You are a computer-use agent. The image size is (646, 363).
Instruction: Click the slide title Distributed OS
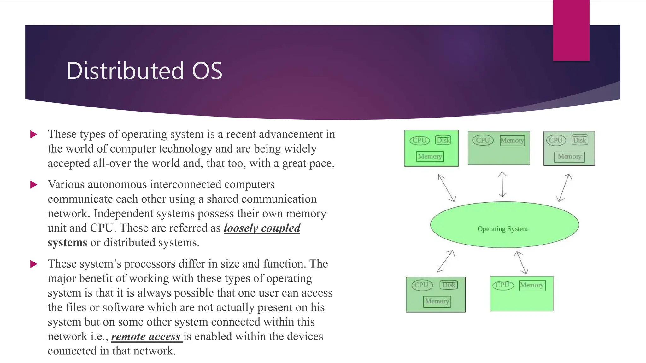(144, 71)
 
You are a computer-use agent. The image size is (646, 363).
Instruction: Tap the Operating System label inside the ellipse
(502, 229)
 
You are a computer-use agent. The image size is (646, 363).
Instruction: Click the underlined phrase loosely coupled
(262, 228)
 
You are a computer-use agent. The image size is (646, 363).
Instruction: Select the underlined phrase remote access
(146, 337)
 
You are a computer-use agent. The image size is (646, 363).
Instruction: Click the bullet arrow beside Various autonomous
(34, 185)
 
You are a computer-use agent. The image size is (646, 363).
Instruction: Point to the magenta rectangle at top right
(571, 30)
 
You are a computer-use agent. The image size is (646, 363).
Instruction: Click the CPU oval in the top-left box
(420, 140)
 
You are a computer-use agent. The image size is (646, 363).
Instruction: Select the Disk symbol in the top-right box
(580, 140)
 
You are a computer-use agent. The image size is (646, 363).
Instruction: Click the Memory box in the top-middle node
(512, 141)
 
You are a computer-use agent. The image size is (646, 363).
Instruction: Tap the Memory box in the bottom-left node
(437, 301)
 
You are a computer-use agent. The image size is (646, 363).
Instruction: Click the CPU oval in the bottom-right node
(503, 285)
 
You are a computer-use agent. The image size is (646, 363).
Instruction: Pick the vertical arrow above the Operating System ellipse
(502, 184)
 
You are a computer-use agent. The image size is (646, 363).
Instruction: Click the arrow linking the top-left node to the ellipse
(447, 188)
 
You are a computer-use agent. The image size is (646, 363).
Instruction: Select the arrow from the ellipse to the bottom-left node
(445, 261)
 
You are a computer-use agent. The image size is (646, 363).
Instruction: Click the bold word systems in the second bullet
(67, 243)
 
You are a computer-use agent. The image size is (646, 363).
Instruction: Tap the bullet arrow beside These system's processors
(34, 264)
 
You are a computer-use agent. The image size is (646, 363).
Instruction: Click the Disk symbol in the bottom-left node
(449, 285)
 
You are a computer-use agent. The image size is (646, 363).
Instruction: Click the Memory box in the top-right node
(569, 157)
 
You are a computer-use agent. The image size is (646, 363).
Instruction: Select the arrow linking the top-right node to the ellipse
(564, 187)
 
